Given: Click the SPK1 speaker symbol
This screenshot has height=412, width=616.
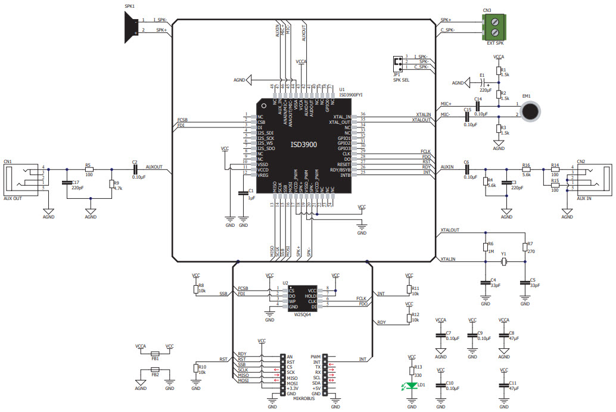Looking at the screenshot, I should (x=129, y=26).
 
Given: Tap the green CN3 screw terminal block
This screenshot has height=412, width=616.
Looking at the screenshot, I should (x=499, y=27).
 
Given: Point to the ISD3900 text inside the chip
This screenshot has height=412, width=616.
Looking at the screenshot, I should (x=303, y=145).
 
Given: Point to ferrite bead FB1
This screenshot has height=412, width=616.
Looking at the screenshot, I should (x=155, y=352).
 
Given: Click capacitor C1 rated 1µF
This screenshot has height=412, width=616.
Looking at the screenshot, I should (x=242, y=193).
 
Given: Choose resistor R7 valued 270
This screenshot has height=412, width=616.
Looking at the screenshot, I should (x=524, y=247).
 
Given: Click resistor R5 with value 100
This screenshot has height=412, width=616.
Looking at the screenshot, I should (x=89, y=170).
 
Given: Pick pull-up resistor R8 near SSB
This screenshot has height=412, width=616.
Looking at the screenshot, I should (x=196, y=289).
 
